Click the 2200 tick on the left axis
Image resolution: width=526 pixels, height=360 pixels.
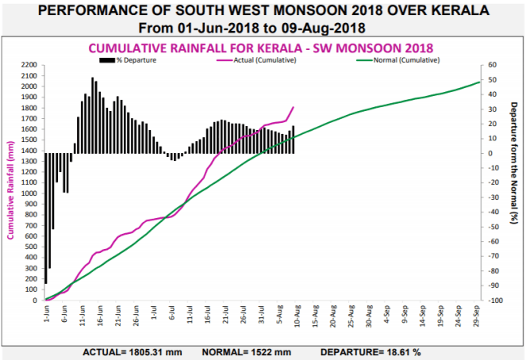pos(30,65)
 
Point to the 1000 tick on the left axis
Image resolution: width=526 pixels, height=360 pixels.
pos(30,193)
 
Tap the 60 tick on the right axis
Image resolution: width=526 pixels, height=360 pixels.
pos(493,65)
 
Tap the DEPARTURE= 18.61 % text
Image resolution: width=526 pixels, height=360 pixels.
pos(370,350)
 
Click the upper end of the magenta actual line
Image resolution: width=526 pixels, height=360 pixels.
pos(294,107)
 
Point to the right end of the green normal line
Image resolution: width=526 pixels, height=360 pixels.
pos(479,82)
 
